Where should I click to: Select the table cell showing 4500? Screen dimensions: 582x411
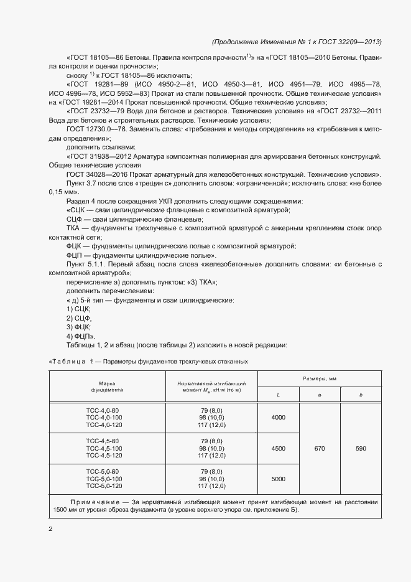pos(278,448)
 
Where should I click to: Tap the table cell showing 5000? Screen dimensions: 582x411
pos(278,479)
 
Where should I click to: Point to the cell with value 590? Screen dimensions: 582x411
pos(361,448)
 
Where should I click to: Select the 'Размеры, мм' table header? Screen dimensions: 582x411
pos(320,378)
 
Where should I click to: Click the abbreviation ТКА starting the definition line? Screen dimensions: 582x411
pos(74,228)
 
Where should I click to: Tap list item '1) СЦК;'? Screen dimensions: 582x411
pos(78,309)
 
